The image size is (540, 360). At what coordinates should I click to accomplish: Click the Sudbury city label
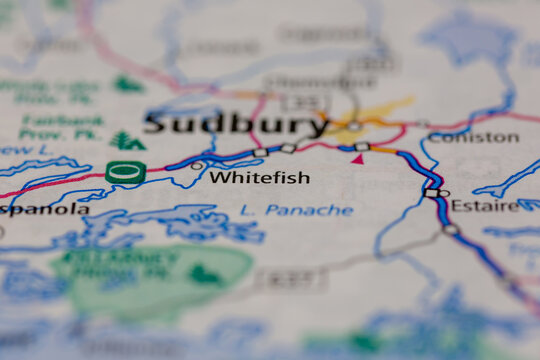click(x=236, y=124)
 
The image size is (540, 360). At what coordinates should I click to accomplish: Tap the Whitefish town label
click(x=259, y=178)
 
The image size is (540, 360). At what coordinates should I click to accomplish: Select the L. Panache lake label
click(x=296, y=210)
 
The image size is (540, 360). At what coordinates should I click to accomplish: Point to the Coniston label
click(x=473, y=137)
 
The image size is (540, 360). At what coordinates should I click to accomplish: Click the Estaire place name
click(x=484, y=206)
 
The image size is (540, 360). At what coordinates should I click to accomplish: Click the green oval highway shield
click(x=125, y=172)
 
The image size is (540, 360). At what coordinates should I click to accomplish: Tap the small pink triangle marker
click(x=357, y=159)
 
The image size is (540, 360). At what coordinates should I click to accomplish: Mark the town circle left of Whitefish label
click(x=197, y=166)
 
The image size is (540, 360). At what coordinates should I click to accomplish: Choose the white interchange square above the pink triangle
click(x=361, y=147)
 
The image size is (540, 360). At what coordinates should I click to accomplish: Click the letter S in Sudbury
click(x=155, y=124)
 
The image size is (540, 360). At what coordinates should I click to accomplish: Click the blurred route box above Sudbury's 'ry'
click(x=291, y=102)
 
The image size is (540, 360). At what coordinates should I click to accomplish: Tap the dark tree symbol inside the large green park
click(x=205, y=273)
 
